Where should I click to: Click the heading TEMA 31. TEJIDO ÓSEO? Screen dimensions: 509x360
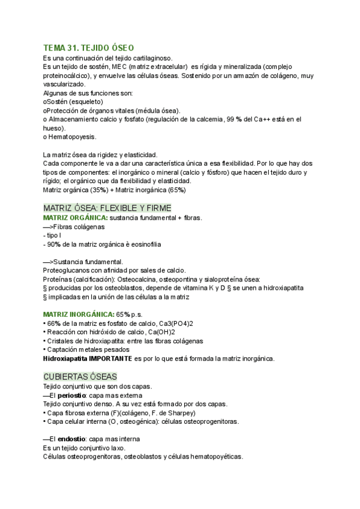(89, 48)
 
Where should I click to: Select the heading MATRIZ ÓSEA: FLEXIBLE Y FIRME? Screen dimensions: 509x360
(107, 208)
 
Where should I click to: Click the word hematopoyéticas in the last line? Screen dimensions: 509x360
(213, 457)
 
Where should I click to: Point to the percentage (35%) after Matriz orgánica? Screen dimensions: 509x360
(95, 190)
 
